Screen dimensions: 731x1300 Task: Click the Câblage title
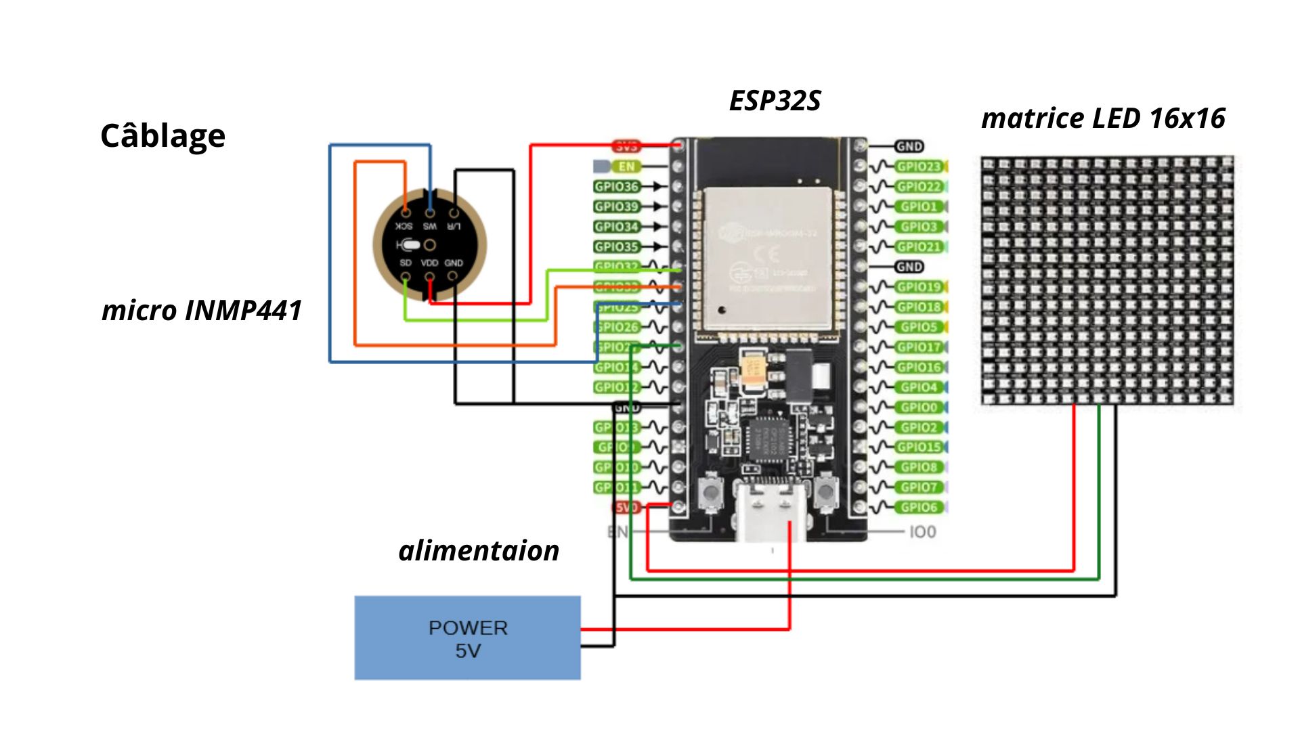point(162,136)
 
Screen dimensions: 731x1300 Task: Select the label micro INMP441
point(201,311)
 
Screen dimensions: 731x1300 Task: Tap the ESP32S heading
point(775,101)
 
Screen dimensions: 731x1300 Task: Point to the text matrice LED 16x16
point(1103,118)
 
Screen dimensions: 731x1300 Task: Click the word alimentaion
point(479,551)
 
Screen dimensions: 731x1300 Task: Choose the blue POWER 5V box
point(467,638)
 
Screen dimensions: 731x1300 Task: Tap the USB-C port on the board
point(771,504)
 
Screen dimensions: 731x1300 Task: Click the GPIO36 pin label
point(616,187)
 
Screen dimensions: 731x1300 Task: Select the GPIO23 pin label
point(919,167)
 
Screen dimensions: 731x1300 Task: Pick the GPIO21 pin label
point(919,247)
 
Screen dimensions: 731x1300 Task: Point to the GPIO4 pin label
point(919,387)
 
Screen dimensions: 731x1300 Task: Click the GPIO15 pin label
point(919,447)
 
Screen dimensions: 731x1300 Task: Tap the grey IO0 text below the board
point(922,532)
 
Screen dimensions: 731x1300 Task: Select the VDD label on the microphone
point(429,263)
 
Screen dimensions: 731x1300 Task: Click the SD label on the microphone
point(406,263)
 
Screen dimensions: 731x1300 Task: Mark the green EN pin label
point(626,167)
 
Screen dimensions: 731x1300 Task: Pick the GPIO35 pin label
point(616,247)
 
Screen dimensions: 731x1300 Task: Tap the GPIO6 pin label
point(919,508)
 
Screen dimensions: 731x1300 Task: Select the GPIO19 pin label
point(919,287)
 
